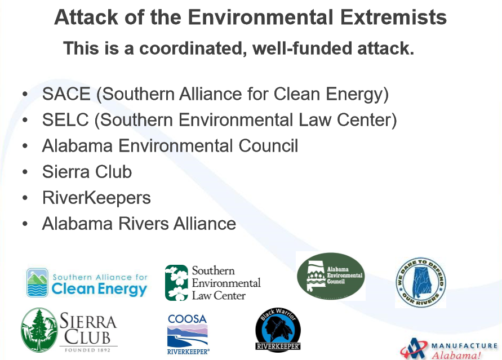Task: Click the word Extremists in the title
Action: pyautogui.click(x=393, y=17)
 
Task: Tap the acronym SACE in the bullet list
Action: pyautogui.click(x=66, y=94)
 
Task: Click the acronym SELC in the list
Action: pyautogui.click(x=65, y=120)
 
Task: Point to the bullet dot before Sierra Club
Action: pyautogui.click(x=25, y=172)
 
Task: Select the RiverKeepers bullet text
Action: pyautogui.click(x=96, y=198)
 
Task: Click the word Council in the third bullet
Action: pyautogui.click(x=268, y=146)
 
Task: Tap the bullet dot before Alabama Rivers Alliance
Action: pyautogui.click(x=25, y=224)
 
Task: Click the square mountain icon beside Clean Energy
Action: pyautogui.click(x=37, y=283)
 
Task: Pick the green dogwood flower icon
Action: pyautogui.click(x=176, y=283)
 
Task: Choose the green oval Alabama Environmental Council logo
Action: pyautogui.click(x=331, y=276)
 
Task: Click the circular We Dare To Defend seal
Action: pyautogui.click(x=420, y=283)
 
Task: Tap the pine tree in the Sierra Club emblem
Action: pyautogui.click(x=39, y=330)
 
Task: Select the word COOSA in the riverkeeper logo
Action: pyautogui.click(x=187, y=319)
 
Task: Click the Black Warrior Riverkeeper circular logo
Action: pyautogui.click(x=278, y=330)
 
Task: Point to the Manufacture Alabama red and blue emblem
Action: pyautogui.click(x=414, y=349)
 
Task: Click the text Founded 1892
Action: pyautogui.click(x=87, y=350)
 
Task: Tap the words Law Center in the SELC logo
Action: pyautogui.click(x=219, y=296)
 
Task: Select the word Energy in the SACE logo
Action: pyautogui.click(x=122, y=290)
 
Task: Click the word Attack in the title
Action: pyautogui.click(x=86, y=17)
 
